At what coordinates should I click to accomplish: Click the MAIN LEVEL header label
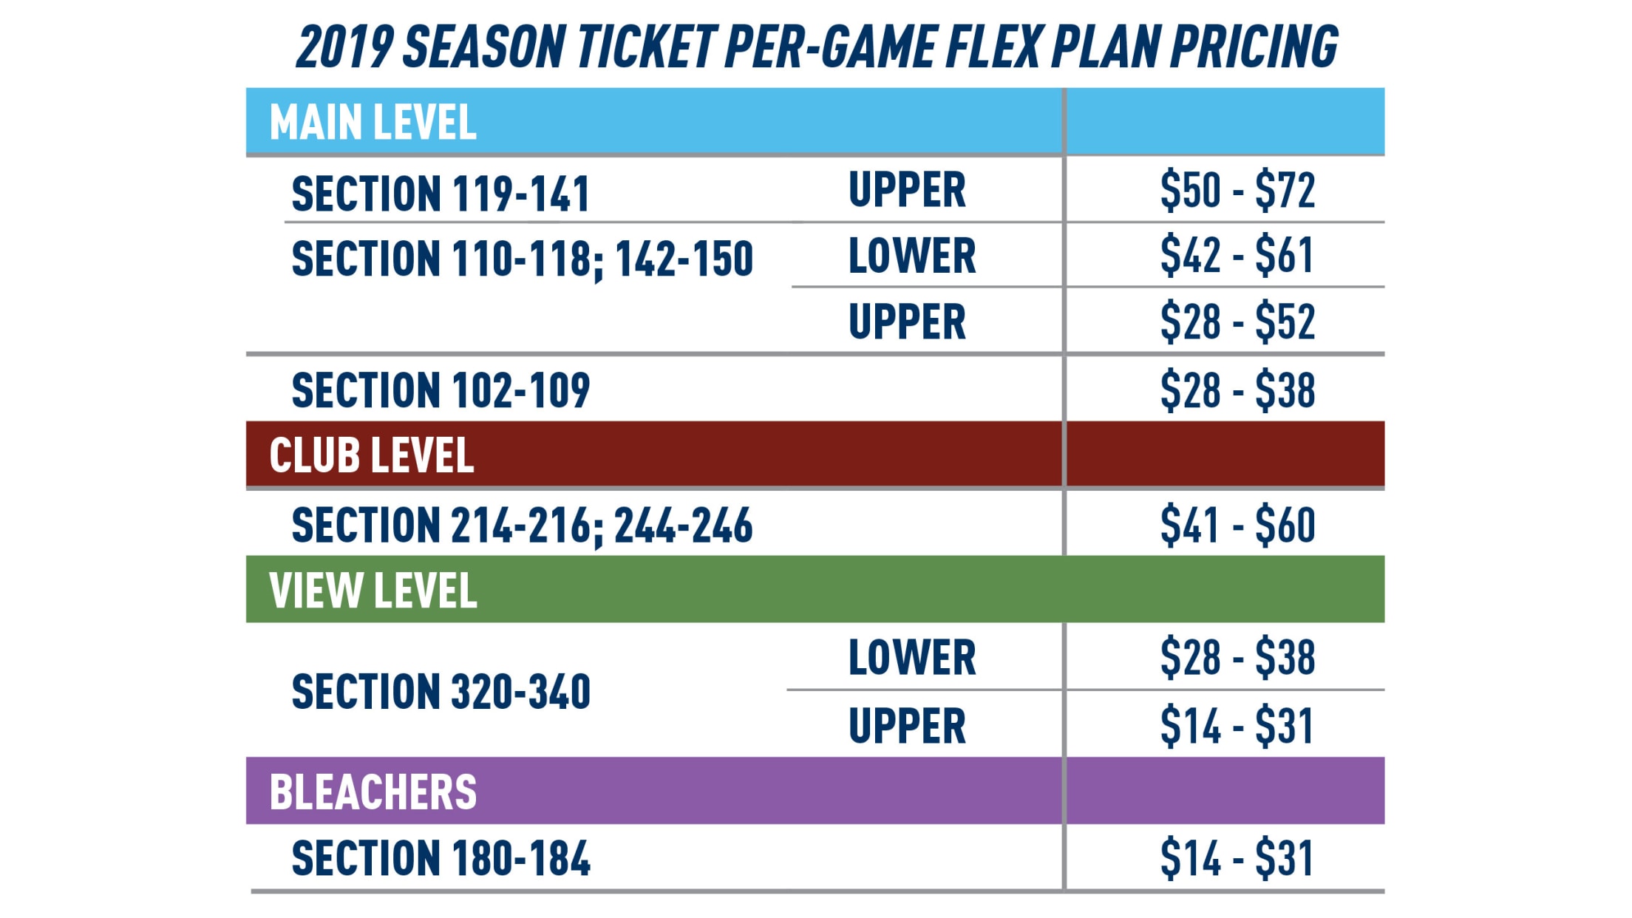click(x=373, y=122)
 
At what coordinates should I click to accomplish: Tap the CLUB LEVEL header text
click(x=371, y=455)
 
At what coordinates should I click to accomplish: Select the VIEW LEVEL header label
click(x=373, y=591)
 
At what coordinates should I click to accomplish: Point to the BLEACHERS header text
click(x=373, y=792)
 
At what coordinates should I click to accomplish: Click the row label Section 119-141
click(x=441, y=194)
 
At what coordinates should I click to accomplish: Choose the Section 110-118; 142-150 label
click(x=522, y=259)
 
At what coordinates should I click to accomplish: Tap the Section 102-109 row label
click(x=441, y=390)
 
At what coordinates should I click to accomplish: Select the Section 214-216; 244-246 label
click(x=522, y=526)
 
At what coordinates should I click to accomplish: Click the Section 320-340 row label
click(x=441, y=692)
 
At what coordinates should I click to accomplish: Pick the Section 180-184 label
click(x=441, y=858)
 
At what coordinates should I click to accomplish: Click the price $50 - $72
click(x=1237, y=190)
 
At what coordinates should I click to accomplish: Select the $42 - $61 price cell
click(x=1237, y=256)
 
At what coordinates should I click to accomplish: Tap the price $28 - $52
click(x=1237, y=322)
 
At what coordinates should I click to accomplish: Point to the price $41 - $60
click(x=1237, y=526)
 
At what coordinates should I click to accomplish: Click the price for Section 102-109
click(x=1237, y=390)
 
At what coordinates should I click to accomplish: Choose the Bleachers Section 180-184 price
click(x=1237, y=858)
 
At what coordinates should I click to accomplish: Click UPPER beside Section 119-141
click(x=907, y=190)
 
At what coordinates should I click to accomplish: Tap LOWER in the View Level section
click(x=912, y=657)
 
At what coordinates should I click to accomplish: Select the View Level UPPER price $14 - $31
click(x=1237, y=726)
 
